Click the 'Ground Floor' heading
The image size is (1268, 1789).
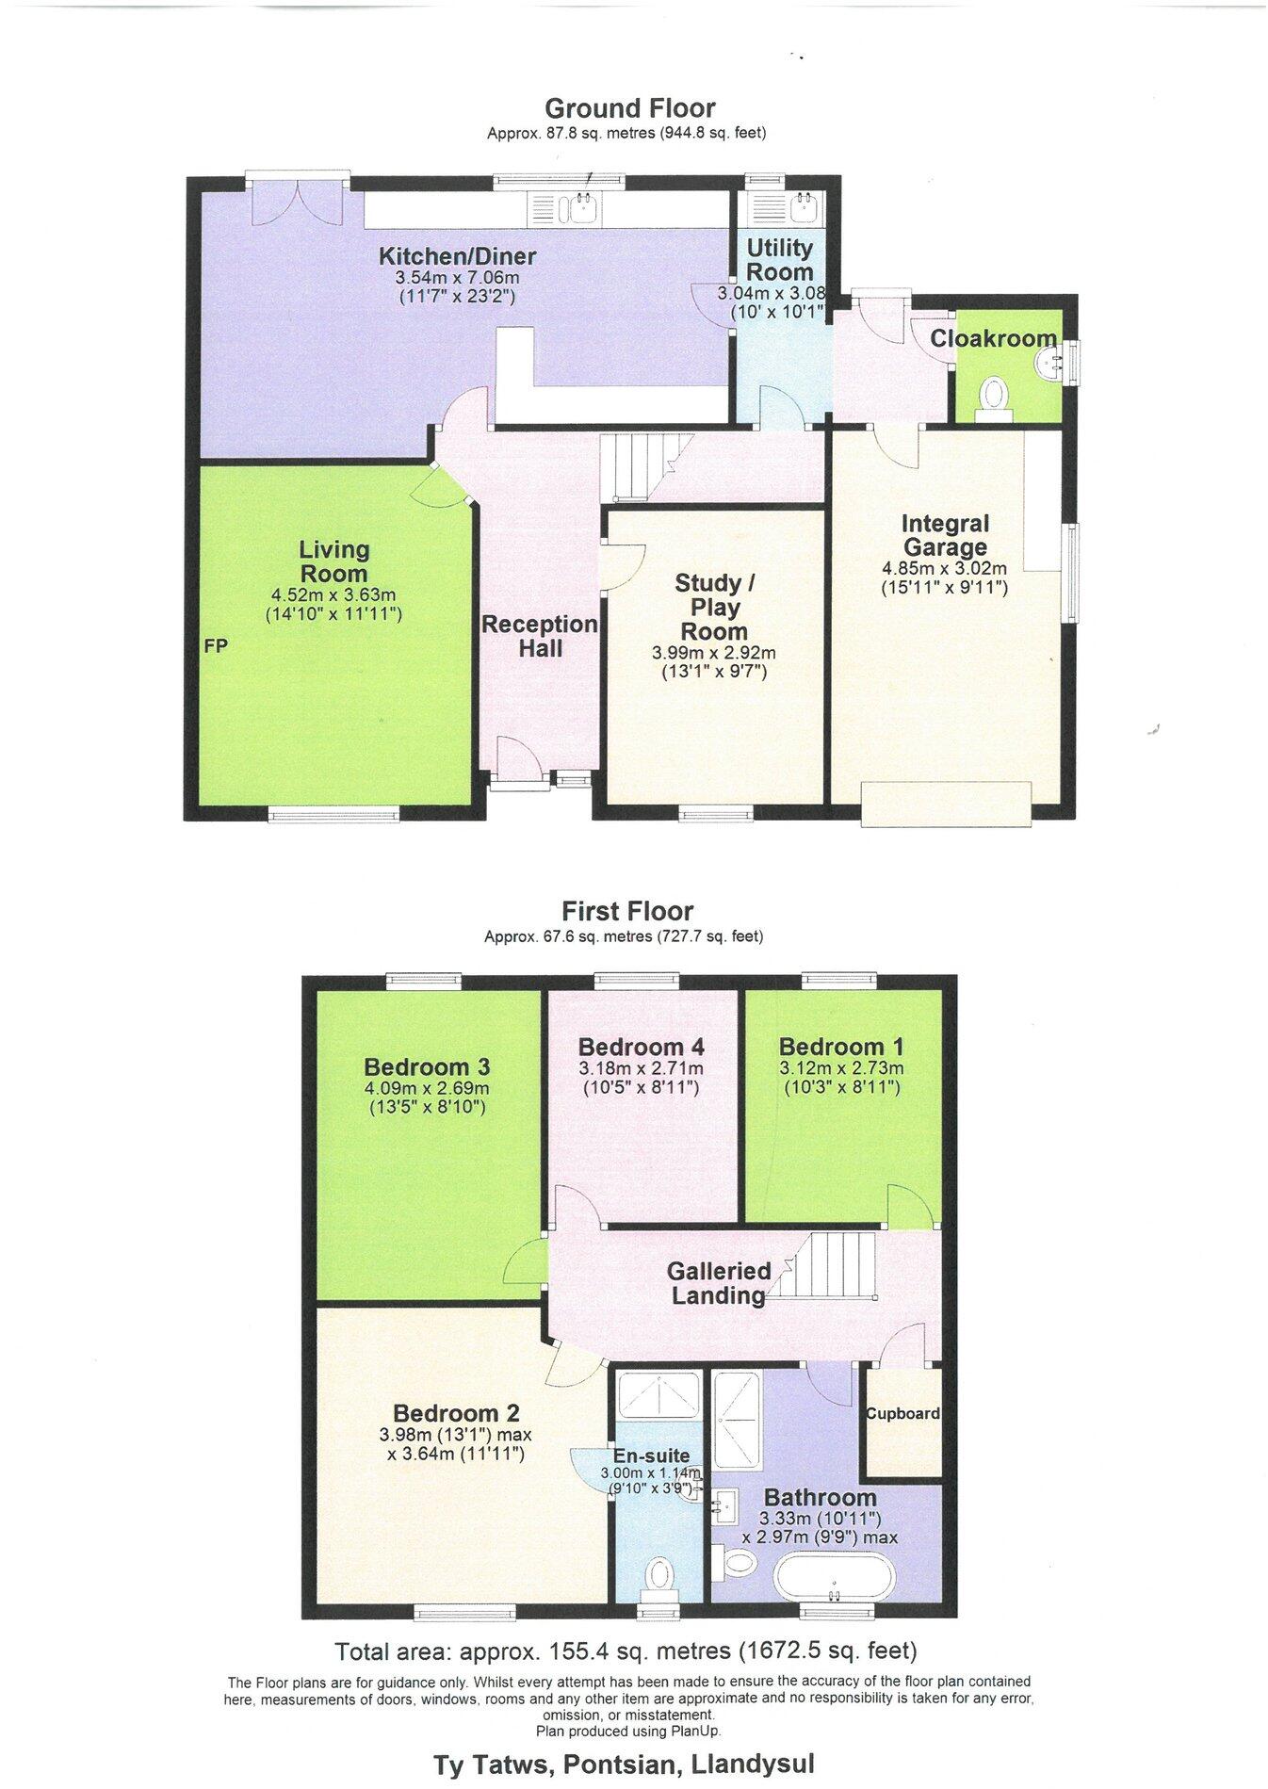pyautogui.click(x=629, y=108)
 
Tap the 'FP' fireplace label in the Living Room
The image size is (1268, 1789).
pyautogui.click(x=216, y=646)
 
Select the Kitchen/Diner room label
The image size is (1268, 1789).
pyautogui.click(x=457, y=255)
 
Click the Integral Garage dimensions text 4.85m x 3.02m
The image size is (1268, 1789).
pyautogui.click(x=944, y=568)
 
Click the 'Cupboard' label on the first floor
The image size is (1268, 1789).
pyautogui.click(x=903, y=1413)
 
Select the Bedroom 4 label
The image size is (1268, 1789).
pyautogui.click(x=641, y=1047)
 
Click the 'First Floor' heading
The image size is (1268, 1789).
pyautogui.click(x=627, y=911)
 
